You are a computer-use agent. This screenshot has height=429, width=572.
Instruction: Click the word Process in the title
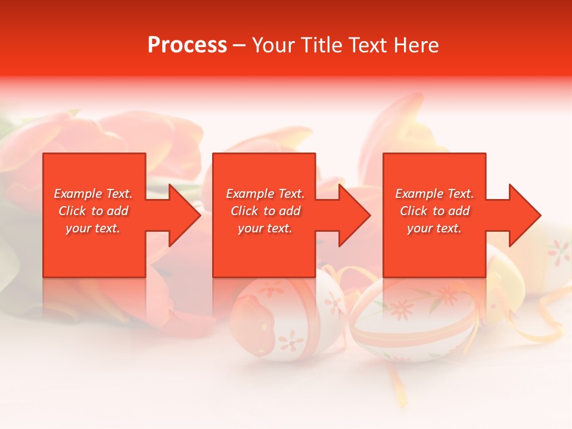(x=187, y=45)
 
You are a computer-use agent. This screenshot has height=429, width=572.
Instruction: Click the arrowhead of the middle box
(x=353, y=216)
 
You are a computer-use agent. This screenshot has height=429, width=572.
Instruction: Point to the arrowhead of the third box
(x=524, y=216)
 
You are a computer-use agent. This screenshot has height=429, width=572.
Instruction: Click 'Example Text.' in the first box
(x=93, y=194)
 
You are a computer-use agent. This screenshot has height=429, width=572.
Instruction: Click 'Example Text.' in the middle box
(x=265, y=194)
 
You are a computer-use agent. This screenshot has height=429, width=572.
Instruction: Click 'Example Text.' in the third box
(x=434, y=194)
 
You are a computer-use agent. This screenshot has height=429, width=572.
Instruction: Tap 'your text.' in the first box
(x=93, y=228)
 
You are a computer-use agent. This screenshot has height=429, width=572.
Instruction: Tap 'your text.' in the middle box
(x=265, y=228)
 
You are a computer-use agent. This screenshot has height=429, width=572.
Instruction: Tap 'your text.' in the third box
(x=434, y=228)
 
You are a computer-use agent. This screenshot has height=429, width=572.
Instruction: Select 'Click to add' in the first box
(x=93, y=211)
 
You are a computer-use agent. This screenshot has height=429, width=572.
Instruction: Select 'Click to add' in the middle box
(x=265, y=211)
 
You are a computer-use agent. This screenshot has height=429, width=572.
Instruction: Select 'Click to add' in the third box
(x=434, y=211)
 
